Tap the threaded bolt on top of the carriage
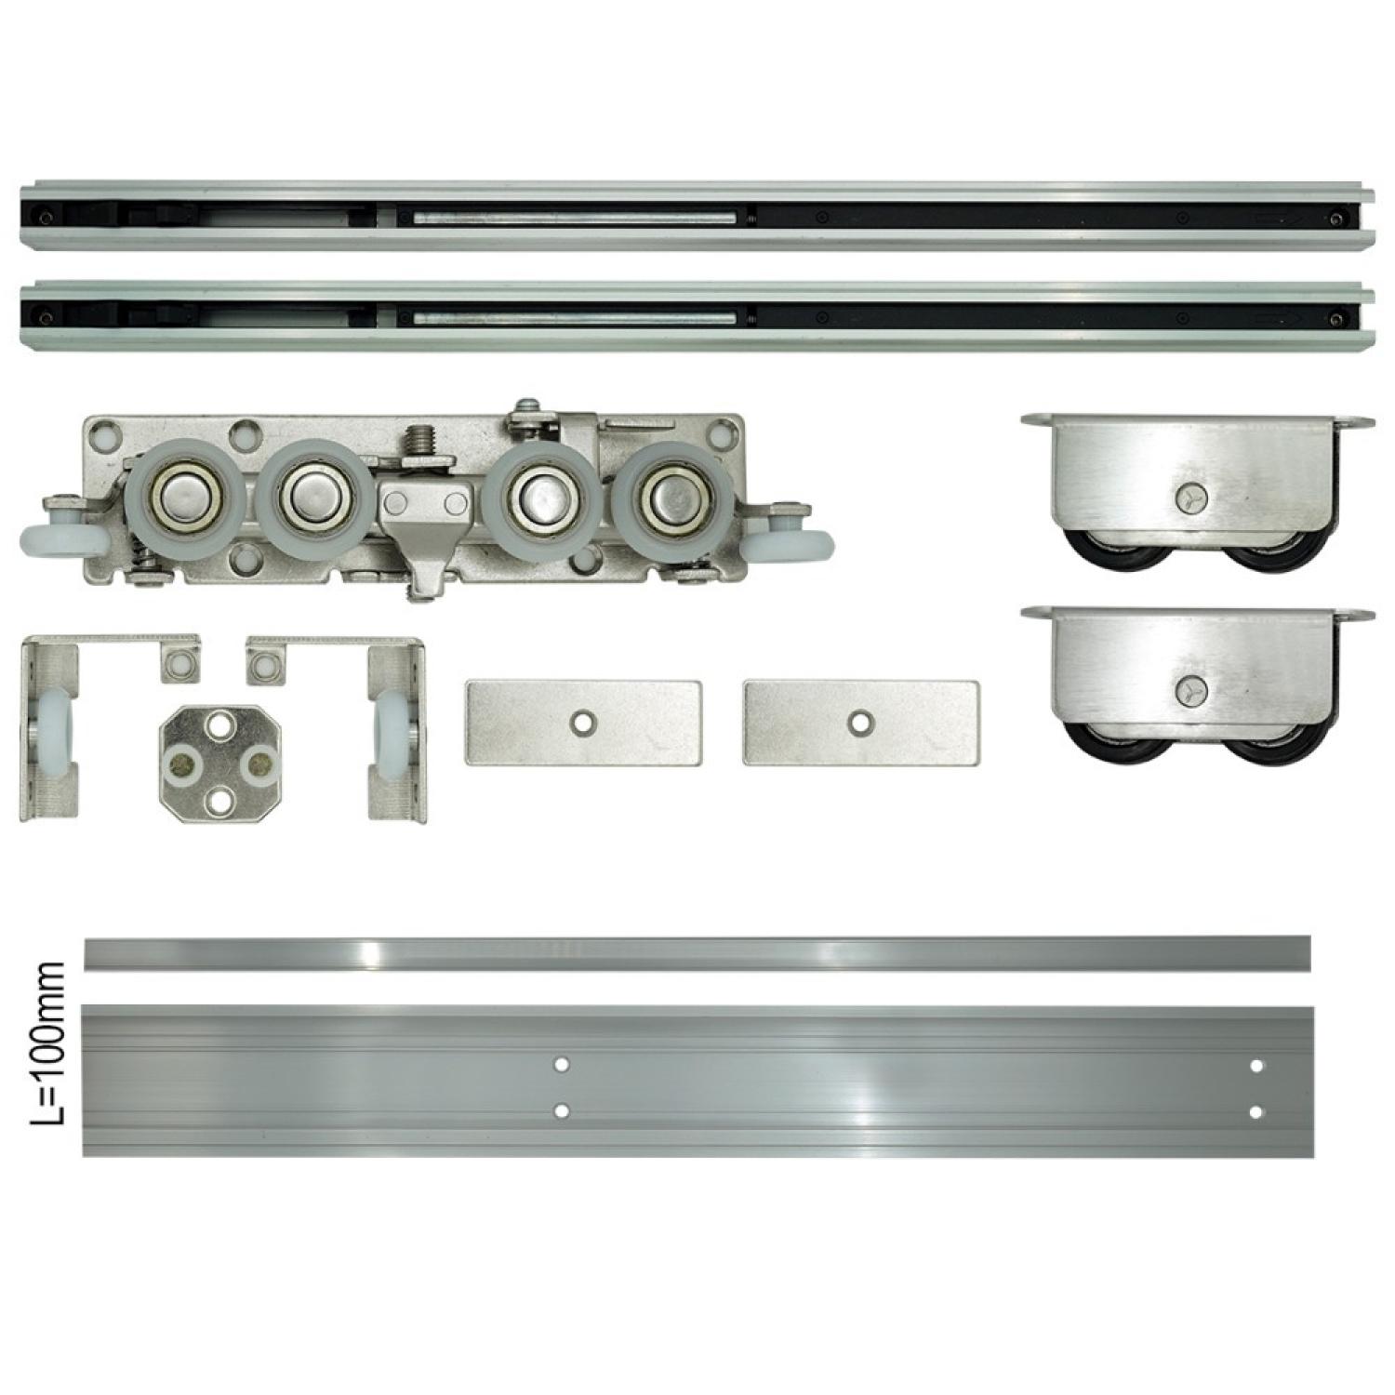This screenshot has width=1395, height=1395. (421, 441)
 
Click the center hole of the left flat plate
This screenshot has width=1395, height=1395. (583, 721)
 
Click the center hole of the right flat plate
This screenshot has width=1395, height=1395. (861, 721)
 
